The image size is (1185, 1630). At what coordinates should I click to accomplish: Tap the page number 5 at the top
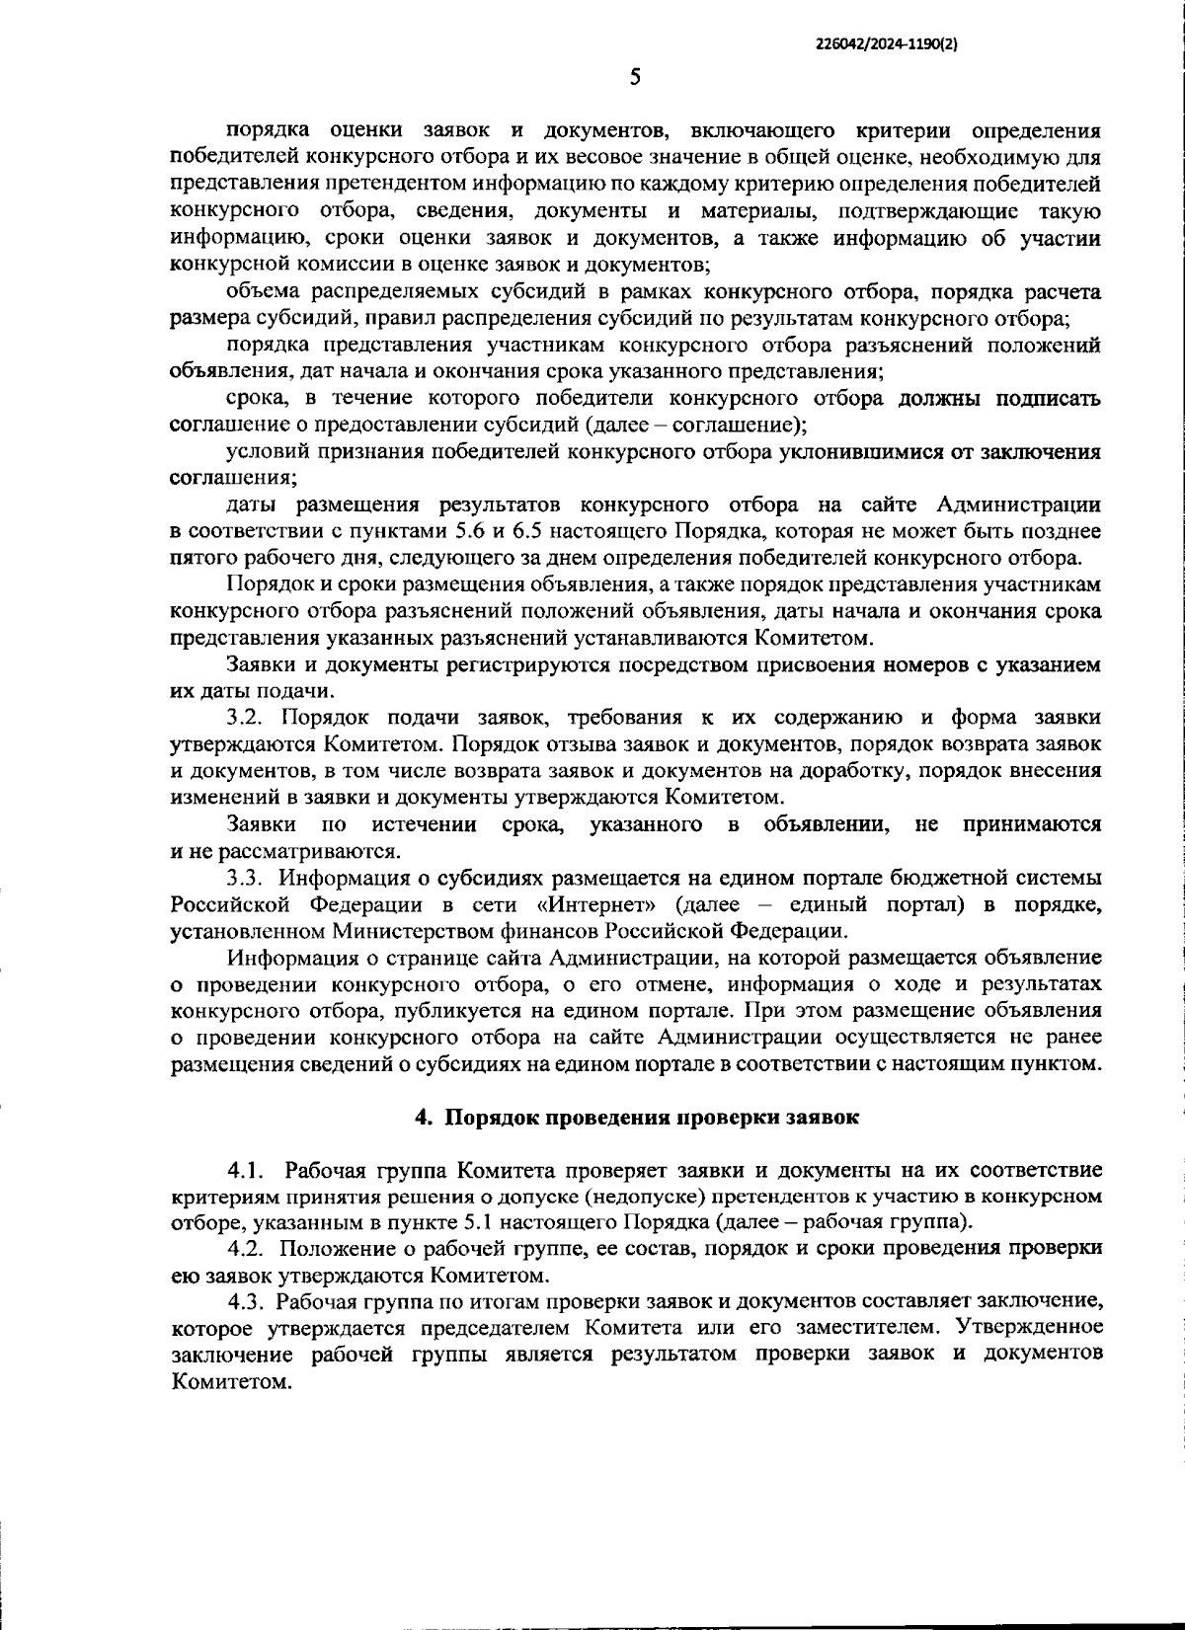coord(635,77)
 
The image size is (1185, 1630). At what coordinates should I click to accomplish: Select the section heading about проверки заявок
coord(637,1118)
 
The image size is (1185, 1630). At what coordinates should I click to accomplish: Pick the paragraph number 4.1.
coord(247,1171)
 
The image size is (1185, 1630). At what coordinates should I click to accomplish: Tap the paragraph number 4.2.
coord(247,1247)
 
